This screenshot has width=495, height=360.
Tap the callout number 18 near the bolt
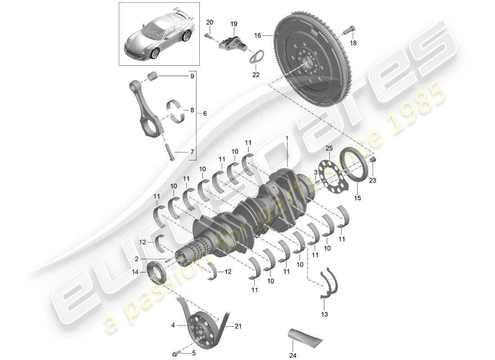point(353,43)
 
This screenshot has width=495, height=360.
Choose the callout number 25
point(329,149)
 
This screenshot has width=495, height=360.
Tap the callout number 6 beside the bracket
point(205,114)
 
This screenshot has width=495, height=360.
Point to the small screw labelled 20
point(209,35)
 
